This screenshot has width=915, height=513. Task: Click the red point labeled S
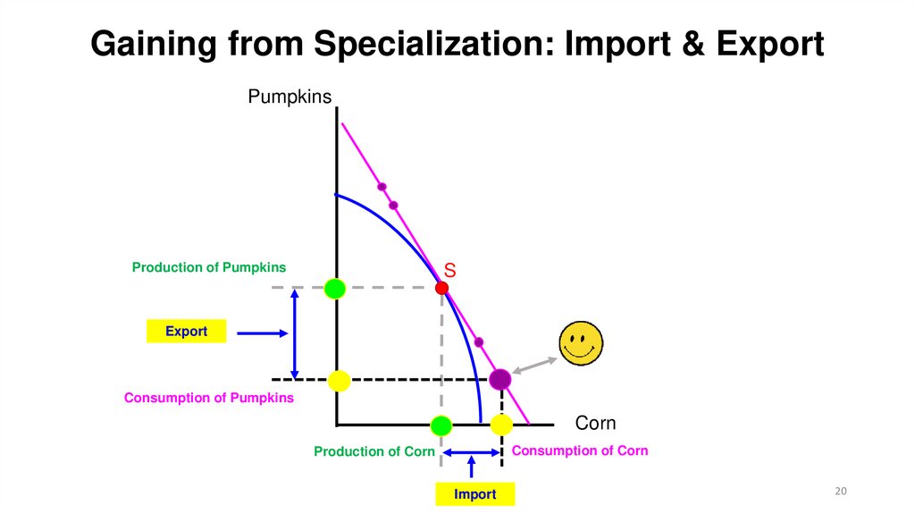[441, 288]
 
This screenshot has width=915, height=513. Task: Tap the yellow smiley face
[581, 343]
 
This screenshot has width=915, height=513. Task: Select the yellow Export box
[186, 332]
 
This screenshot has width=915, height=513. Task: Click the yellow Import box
[475, 494]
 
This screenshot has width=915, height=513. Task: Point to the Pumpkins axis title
[290, 96]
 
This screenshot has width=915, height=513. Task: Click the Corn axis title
[595, 423]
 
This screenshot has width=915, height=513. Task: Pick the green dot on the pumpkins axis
[334, 288]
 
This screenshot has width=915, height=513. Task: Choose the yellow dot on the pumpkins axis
[339, 381]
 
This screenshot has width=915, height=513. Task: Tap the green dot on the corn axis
[441, 425]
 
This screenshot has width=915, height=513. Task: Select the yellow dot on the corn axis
[501, 425]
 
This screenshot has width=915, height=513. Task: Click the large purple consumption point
[499, 379]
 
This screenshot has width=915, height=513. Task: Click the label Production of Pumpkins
[209, 267]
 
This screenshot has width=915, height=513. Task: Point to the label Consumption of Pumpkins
[208, 398]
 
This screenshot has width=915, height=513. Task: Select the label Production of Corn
[374, 451]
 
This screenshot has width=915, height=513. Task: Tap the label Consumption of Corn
[579, 450]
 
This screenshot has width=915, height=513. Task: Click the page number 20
[840, 491]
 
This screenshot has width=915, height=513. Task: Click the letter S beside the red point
[450, 270]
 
